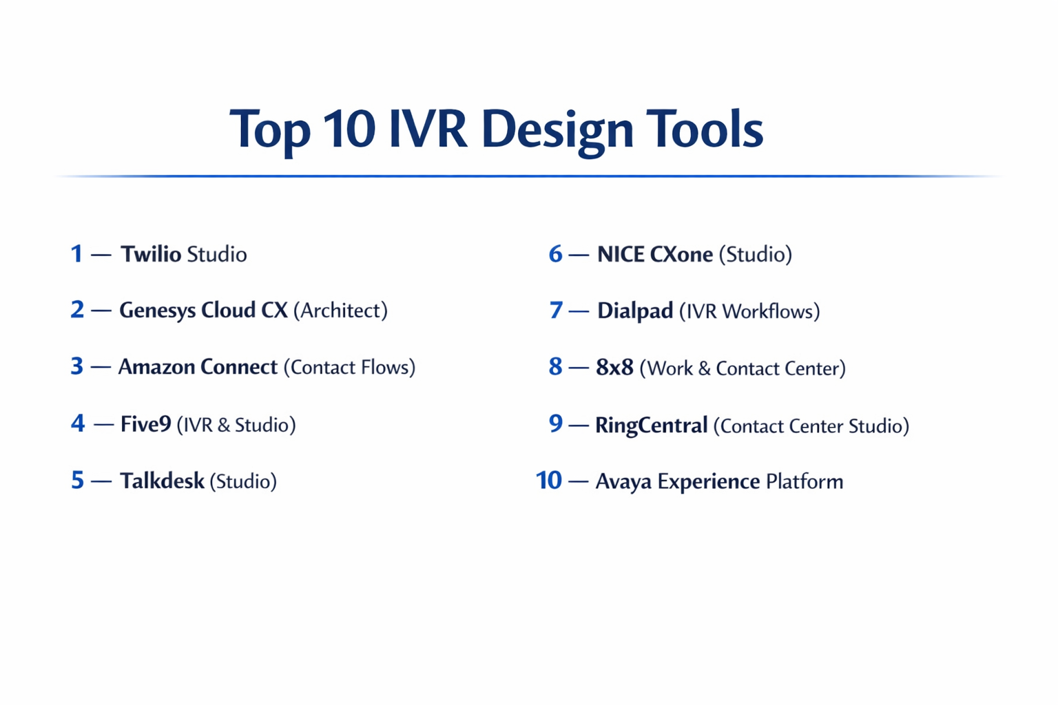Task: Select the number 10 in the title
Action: tap(349, 129)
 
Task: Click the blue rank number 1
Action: tap(76, 254)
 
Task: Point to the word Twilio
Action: tap(151, 254)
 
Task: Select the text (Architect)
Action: tap(340, 311)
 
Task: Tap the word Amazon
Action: tap(156, 367)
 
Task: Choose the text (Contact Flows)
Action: tap(349, 367)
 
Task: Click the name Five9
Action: tap(145, 424)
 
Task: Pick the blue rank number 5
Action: tap(77, 481)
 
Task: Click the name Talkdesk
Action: tap(162, 481)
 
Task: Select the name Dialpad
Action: tap(634, 311)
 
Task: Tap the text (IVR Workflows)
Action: tap(749, 311)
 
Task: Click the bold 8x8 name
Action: tap(614, 368)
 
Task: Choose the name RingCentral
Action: tap(651, 425)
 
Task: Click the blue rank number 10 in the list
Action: tap(549, 481)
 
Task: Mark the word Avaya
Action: tap(623, 481)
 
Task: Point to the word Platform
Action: tap(804, 481)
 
